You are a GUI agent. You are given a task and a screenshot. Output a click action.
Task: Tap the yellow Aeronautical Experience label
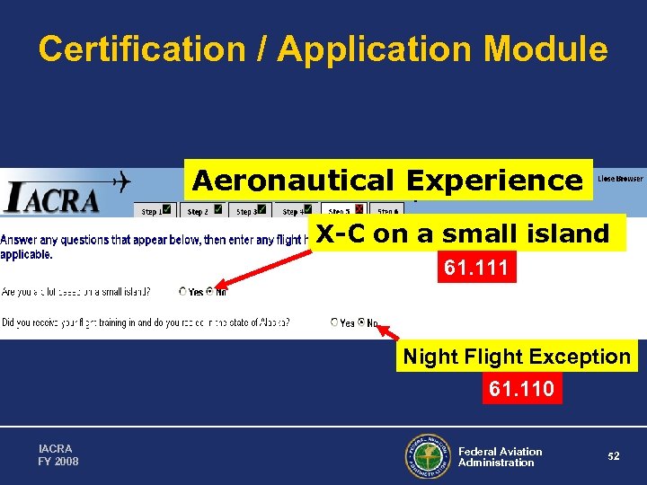(387, 181)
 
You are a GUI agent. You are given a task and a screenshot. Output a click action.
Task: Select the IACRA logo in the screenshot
(51, 197)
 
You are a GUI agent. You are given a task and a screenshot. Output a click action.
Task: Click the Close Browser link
(620, 179)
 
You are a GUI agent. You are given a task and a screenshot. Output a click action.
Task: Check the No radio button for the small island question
(210, 292)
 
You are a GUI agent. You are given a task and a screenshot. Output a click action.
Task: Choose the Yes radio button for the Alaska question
(334, 322)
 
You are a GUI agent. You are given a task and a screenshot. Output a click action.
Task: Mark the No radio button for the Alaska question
(362, 322)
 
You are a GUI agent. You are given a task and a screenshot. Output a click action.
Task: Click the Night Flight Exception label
(517, 357)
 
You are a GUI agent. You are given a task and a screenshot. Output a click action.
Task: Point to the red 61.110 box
(521, 389)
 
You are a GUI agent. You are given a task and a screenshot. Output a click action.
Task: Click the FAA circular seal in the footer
(428, 457)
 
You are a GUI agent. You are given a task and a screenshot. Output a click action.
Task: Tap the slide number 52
(613, 456)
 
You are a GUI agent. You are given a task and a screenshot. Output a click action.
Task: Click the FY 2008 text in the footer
(58, 462)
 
